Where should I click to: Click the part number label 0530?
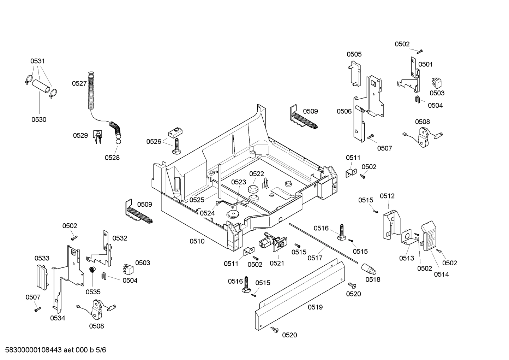pyautogui.click(x=39, y=119)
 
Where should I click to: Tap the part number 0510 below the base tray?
pyautogui.click(x=197, y=241)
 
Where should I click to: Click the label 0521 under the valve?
pyautogui.click(x=277, y=263)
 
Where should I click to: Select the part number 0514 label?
pyautogui.click(x=441, y=274)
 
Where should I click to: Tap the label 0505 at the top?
pyautogui.click(x=354, y=54)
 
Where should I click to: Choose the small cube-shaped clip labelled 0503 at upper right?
pyautogui.click(x=437, y=83)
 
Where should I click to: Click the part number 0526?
pyautogui.click(x=154, y=142)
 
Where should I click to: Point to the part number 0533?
pyautogui.click(x=42, y=258)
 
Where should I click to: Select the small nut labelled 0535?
pyautogui.click(x=92, y=270)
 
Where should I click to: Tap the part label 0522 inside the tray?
pyautogui.click(x=257, y=173)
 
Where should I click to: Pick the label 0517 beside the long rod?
pyautogui.click(x=315, y=258)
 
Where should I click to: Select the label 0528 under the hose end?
pyautogui.click(x=112, y=158)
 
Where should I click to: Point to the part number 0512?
pyautogui.click(x=387, y=196)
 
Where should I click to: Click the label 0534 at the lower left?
pyautogui.click(x=58, y=318)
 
